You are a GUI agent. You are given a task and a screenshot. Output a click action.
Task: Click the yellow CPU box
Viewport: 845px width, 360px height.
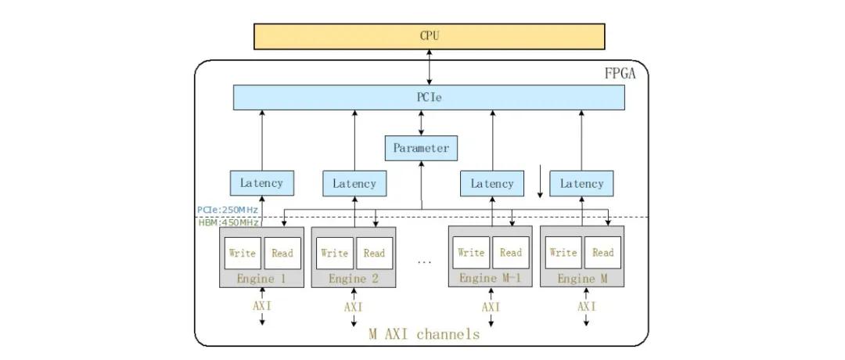pyautogui.click(x=429, y=36)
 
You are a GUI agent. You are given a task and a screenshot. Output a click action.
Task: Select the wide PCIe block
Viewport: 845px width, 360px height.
pyautogui.click(x=429, y=98)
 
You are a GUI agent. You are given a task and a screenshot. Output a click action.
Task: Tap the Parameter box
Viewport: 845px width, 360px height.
pyautogui.click(x=421, y=148)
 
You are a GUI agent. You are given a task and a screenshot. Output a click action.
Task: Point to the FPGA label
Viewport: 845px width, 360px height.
pyautogui.click(x=620, y=74)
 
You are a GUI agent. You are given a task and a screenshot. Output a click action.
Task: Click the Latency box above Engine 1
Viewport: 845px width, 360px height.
pyautogui.click(x=262, y=183)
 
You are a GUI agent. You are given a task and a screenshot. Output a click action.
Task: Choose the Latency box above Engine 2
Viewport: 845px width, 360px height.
pyautogui.click(x=354, y=184)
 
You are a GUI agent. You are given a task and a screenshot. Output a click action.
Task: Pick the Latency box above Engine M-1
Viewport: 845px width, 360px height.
pyautogui.click(x=492, y=184)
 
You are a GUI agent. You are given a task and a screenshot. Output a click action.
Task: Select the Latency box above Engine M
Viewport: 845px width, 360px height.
pyautogui.click(x=582, y=184)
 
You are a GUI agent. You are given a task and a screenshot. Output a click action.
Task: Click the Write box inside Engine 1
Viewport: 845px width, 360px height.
pyautogui.click(x=243, y=253)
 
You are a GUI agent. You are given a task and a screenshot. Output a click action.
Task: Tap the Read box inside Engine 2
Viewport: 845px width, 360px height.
pyautogui.click(x=374, y=253)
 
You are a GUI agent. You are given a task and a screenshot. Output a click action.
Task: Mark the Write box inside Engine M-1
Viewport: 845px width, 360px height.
pyautogui.click(x=471, y=253)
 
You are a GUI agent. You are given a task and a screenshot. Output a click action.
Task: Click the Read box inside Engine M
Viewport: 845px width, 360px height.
pyautogui.click(x=602, y=253)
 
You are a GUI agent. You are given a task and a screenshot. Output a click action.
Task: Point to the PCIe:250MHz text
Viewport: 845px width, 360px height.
pyautogui.click(x=228, y=210)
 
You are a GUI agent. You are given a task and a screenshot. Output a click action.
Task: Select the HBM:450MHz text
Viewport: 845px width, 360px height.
pyautogui.click(x=228, y=222)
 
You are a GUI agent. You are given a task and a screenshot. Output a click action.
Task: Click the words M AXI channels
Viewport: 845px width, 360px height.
pyautogui.click(x=424, y=334)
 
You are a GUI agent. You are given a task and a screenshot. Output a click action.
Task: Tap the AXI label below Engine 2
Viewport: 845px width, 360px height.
pyautogui.click(x=354, y=307)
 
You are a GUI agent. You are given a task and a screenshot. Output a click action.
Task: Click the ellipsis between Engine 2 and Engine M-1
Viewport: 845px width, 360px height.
pyautogui.click(x=424, y=261)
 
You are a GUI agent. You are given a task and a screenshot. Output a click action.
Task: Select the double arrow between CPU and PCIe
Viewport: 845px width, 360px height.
pyautogui.click(x=429, y=67)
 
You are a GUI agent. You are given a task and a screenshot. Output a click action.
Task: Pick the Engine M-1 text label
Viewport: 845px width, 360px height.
pyautogui.click(x=490, y=279)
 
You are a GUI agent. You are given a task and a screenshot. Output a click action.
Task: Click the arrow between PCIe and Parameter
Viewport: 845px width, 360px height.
pyautogui.click(x=422, y=123)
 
